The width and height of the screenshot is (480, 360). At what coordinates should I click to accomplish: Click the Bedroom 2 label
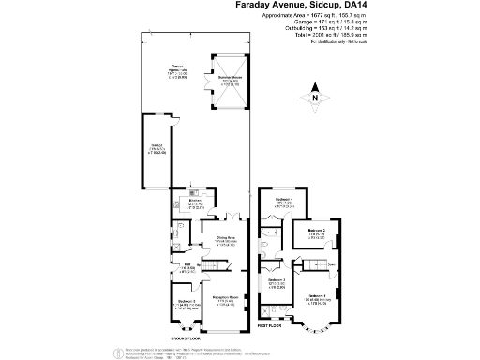[317, 233]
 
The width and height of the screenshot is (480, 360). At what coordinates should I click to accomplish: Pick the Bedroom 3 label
[277, 283]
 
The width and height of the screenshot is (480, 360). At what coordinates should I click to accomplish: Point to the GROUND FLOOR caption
[186, 336]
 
